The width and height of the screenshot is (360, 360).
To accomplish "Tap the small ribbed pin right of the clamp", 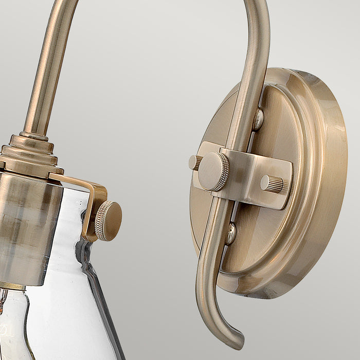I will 272,184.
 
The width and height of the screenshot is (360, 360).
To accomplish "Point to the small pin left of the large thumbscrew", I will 195,163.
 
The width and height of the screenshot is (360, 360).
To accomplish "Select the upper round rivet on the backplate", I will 258,119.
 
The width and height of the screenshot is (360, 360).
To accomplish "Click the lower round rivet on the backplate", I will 231,233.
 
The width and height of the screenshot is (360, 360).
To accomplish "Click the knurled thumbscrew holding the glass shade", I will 108,221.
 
